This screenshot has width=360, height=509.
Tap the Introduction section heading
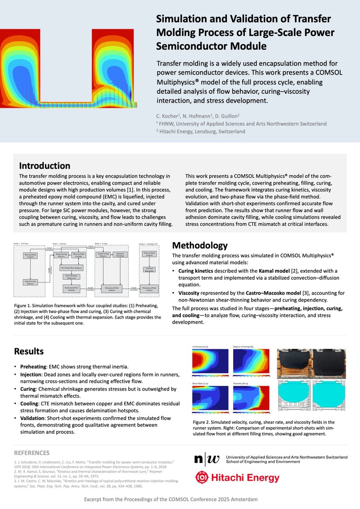coord(45,166)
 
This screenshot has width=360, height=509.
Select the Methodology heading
coord(200,246)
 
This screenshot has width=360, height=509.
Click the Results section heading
coord(29,351)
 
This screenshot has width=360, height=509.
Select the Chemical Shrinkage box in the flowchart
coord(120,255)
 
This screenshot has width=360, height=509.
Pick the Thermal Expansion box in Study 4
coord(149,270)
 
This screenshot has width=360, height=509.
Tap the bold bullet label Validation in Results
coord(34,418)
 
